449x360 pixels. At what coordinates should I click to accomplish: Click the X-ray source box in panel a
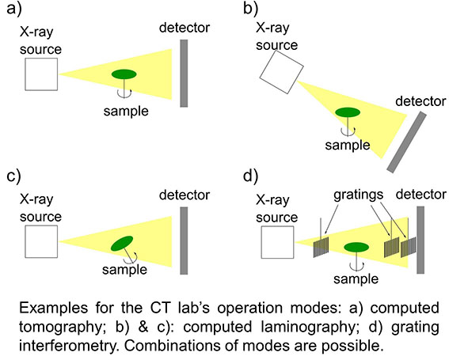pos(41,74)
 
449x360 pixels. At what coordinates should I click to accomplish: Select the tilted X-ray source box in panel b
pos(281,72)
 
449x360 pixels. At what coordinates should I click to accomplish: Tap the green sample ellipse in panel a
pos(124,74)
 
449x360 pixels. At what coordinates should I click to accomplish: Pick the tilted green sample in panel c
pos(122,244)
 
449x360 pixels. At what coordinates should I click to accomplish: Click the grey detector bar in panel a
pos(184,74)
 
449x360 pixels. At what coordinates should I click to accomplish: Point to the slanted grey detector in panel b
pos(406,142)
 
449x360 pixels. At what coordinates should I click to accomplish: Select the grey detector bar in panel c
pos(184,241)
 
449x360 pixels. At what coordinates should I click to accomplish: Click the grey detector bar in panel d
pos(420,240)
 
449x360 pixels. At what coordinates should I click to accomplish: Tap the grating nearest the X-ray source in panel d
pos(321,247)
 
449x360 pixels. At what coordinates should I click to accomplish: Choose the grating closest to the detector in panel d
pos(409,247)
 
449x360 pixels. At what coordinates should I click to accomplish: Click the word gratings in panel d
pos(358,195)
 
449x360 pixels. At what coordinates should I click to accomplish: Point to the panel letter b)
pos(251,8)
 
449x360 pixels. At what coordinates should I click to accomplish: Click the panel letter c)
pos(13,176)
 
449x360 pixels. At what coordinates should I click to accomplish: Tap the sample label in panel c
pos(124,270)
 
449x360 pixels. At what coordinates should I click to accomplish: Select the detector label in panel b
pos(420,101)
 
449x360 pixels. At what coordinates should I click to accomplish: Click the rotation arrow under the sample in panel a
pos(124,94)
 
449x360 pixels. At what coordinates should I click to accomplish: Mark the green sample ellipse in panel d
pos(356,247)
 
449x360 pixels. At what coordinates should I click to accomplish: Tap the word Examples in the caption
pos(53,309)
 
